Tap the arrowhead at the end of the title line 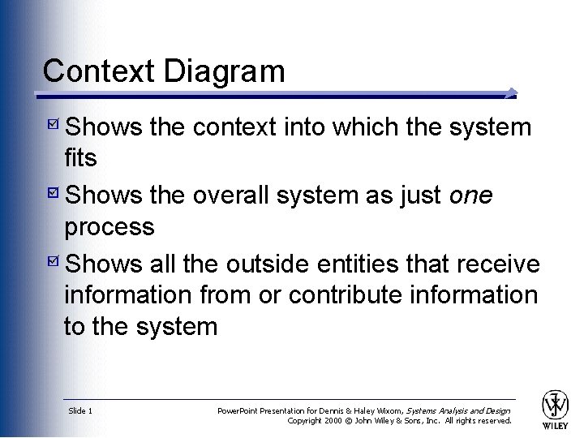pos(510,92)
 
